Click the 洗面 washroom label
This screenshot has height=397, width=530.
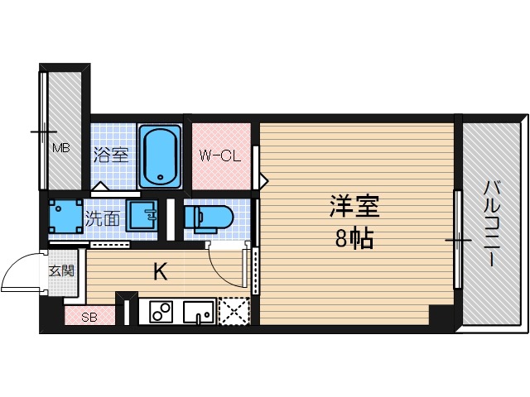point(103,219)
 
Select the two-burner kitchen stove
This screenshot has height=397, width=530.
point(161,313)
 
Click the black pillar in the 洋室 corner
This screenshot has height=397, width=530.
point(440,315)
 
